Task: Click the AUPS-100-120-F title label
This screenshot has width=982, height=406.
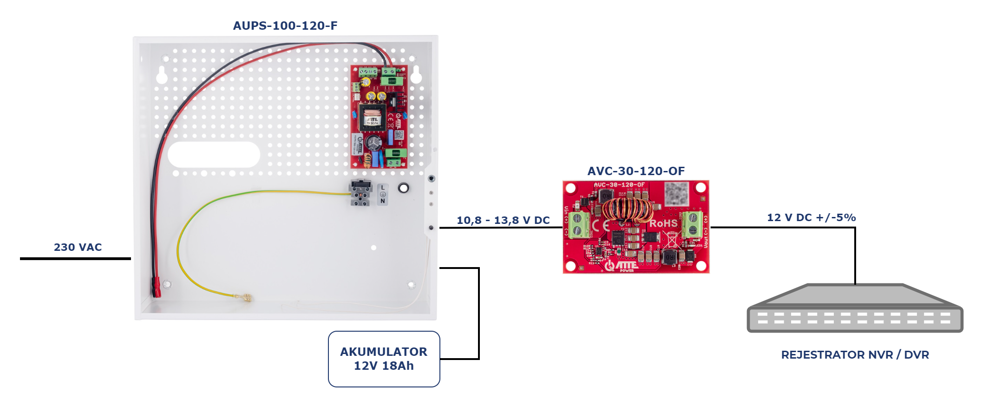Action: [285, 26]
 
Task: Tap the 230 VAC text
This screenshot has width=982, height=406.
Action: [78, 247]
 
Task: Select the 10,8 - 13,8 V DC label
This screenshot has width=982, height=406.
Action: [503, 220]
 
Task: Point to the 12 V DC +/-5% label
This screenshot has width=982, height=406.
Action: [811, 217]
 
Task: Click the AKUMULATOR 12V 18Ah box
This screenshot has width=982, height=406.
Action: [384, 359]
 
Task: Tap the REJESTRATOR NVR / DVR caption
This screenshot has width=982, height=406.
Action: [855, 355]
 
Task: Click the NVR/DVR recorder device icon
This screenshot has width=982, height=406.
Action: [855, 309]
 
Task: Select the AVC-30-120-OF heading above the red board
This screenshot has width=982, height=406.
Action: [635, 171]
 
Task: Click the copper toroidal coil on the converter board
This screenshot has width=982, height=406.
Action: [627, 210]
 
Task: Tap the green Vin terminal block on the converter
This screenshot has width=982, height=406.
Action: [578, 224]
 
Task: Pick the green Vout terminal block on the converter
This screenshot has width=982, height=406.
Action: [692, 223]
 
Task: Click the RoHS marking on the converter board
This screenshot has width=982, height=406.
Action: [663, 223]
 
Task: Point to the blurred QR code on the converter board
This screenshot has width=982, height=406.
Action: [676, 193]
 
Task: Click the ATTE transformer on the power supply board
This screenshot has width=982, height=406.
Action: [372, 118]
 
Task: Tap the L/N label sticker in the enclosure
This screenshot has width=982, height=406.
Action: [382, 194]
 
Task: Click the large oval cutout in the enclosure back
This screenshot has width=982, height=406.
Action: [214, 155]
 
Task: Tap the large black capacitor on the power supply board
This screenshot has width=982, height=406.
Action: [374, 142]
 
